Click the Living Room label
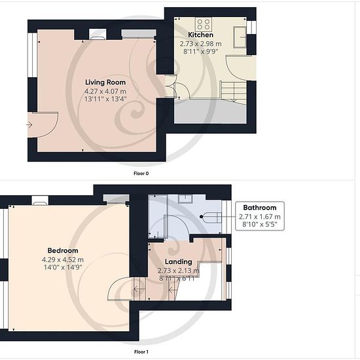[x=105, y=82]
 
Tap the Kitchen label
[x=201, y=35]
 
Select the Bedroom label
[x=63, y=251]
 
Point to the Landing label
[x=179, y=262]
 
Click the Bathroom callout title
[x=260, y=207]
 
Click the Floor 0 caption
[x=141, y=173]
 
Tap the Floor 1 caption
[x=141, y=351]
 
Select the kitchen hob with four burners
[x=204, y=24]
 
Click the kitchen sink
[x=240, y=37]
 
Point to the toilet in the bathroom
[x=211, y=217]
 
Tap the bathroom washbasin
[x=185, y=199]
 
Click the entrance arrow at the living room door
[x=29, y=125]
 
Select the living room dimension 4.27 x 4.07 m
[x=105, y=92]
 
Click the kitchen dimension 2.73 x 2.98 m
[x=201, y=44]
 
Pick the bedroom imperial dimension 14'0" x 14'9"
[x=63, y=267]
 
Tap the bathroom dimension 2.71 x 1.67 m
[x=260, y=217]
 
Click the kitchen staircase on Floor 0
[x=234, y=91]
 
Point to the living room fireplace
[x=98, y=34]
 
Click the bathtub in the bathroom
[x=158, y=217]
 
